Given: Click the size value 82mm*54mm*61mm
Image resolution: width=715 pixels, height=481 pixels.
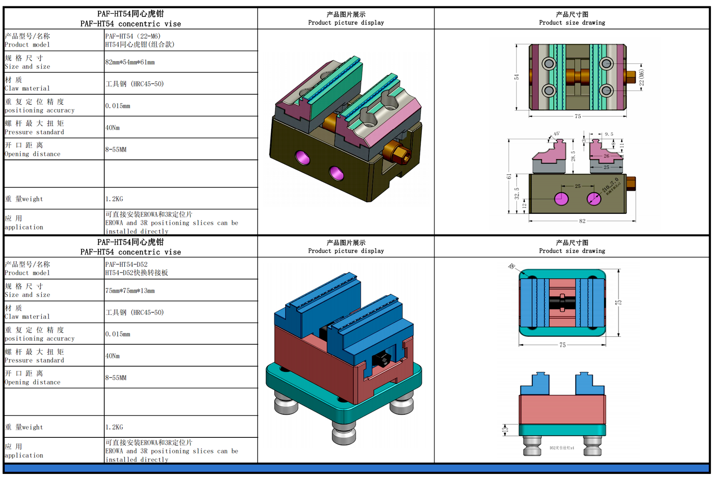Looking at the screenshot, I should click(130, 62).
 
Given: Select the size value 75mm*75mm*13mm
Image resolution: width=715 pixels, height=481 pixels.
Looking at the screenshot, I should click(130, 291).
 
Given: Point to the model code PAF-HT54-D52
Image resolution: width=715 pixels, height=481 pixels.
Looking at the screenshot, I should click(126, 265).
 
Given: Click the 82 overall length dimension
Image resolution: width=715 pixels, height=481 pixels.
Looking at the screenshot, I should click(582, 221).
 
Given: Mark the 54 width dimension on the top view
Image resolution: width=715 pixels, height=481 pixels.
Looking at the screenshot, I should click(516, 77).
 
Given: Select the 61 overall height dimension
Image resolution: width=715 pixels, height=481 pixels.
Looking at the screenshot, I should click(509, 176).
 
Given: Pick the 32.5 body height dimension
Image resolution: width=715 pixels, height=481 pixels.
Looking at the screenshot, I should click(517, 193).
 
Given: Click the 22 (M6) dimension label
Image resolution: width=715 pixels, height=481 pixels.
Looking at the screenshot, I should click(642, 77).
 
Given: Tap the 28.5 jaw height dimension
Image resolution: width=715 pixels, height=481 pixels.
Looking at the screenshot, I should click(573, 156).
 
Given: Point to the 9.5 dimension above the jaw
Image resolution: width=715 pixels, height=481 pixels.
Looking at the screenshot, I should click(609, 134).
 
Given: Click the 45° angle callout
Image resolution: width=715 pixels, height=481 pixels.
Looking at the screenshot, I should click(557, 134).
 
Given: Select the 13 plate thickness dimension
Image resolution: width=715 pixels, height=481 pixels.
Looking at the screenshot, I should click(505, 430).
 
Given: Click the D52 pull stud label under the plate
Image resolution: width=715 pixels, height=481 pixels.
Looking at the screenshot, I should click(562, 448).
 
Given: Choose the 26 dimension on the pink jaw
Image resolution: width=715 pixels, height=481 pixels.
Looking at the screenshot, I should click(606, 156).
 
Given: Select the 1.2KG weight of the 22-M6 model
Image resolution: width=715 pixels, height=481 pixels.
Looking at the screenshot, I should click(114, 199).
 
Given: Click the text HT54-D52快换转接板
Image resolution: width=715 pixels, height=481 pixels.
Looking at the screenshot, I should click(137, 273).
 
